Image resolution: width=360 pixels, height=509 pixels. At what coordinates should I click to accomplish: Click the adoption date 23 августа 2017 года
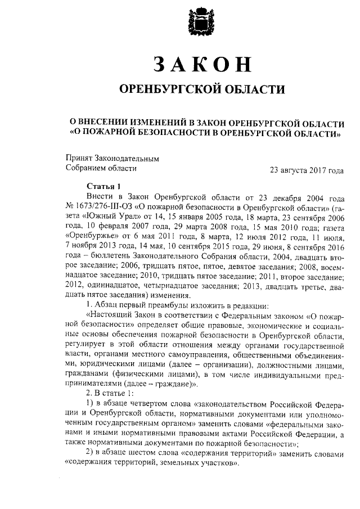[x=307, y=169]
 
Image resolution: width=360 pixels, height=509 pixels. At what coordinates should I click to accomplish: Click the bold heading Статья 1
[x=104, y=186]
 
